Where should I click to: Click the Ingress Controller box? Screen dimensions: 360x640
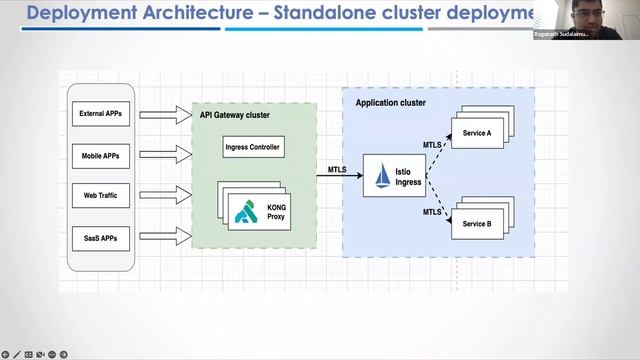[253, 148]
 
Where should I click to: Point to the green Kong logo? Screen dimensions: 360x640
[247, 211]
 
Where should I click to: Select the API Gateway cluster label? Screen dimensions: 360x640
[235, 115]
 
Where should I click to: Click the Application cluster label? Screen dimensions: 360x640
[390, 102]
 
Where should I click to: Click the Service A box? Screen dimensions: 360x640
[477, 132]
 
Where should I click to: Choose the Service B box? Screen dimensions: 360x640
[477, 223]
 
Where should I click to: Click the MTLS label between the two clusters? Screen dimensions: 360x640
[338, 170]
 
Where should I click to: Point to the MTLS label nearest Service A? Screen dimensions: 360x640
[432, 145]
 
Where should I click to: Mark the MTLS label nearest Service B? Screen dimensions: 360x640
[432, 212]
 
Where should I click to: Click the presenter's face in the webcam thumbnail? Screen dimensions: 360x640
[570, 14]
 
